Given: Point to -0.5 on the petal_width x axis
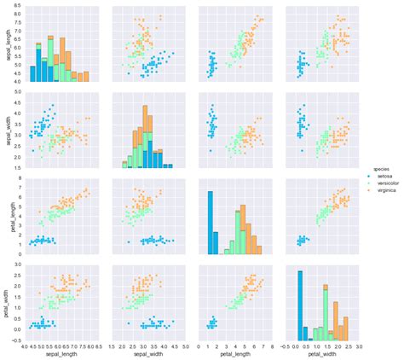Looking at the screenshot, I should point(286,345).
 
